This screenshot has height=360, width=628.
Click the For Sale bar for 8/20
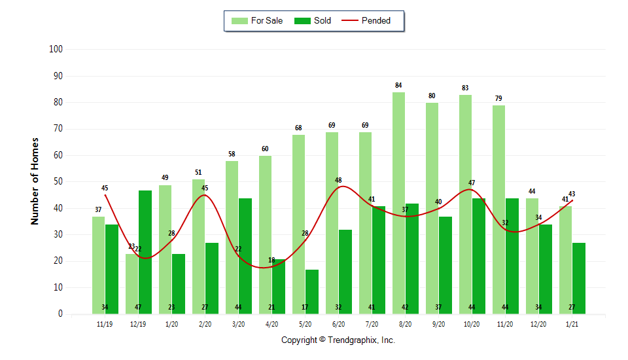(x=398, y=203)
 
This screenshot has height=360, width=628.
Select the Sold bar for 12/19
(x=145, y=252)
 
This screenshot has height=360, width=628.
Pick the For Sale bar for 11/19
(x=98, y=265)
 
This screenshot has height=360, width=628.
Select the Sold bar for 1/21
(x=579, y=278)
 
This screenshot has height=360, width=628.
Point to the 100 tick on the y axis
(x=56, y=49)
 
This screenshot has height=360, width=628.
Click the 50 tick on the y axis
(x=58, y=181)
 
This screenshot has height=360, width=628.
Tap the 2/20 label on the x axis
(x=205, y=323)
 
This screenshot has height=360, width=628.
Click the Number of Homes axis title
(x=35, y=181)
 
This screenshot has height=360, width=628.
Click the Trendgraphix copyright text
(x=338, y=340)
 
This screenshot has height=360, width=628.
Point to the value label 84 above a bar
(x=398, y=85)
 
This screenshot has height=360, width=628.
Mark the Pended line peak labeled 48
(x=339, y=180)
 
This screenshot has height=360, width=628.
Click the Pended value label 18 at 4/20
(x=271, y=261)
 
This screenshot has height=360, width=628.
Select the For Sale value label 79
(x=498, y=98)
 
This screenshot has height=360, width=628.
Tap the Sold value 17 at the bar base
(x=312, y=308)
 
